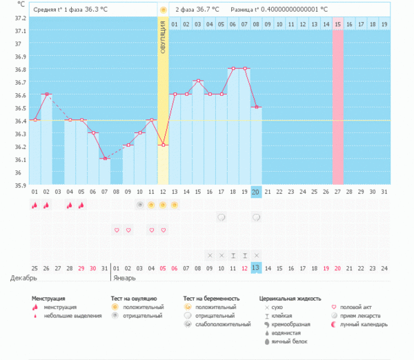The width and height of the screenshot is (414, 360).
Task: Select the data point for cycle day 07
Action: [x=104, y=159]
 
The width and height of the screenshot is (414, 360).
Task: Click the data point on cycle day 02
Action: [x=46, y=94]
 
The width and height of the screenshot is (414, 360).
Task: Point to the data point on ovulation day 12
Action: [x=163, y=145]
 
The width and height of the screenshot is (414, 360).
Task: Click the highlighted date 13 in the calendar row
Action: [x=256, y=268]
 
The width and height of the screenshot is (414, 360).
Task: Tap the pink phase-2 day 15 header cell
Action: [x=337, y=24]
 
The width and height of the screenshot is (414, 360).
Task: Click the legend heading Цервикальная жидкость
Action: [x=289, y=299]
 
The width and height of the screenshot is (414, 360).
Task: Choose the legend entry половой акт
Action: [x=359, y=307]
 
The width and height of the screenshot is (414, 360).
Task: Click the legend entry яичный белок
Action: [x=289, y=341]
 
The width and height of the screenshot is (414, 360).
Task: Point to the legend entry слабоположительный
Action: [x=222, y=323]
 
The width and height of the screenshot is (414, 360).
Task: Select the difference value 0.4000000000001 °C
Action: [x=288, y=10]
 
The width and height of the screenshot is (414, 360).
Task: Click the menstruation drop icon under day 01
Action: [x=34, y=205]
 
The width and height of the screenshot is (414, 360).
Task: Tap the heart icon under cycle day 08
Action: [x=116, y=230]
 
